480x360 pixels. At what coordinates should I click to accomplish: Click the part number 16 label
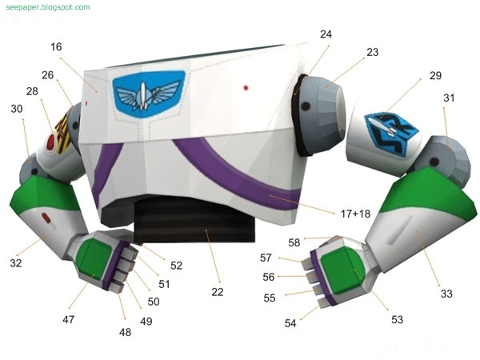point(55,47)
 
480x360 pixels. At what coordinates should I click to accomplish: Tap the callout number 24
point(325,34)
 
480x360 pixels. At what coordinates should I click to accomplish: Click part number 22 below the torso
point(217,293)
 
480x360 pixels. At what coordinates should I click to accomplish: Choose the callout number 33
point(446,294)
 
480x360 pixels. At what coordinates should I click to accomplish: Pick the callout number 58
point(294,241)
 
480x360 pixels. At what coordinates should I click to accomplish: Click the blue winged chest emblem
point(150,91)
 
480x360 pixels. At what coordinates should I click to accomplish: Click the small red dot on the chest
point(247,86)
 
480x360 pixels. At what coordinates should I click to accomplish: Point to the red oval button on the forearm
point(46,217)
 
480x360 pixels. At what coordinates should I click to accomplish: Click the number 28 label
point(31,91)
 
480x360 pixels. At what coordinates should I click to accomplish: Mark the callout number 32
point(16,262)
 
